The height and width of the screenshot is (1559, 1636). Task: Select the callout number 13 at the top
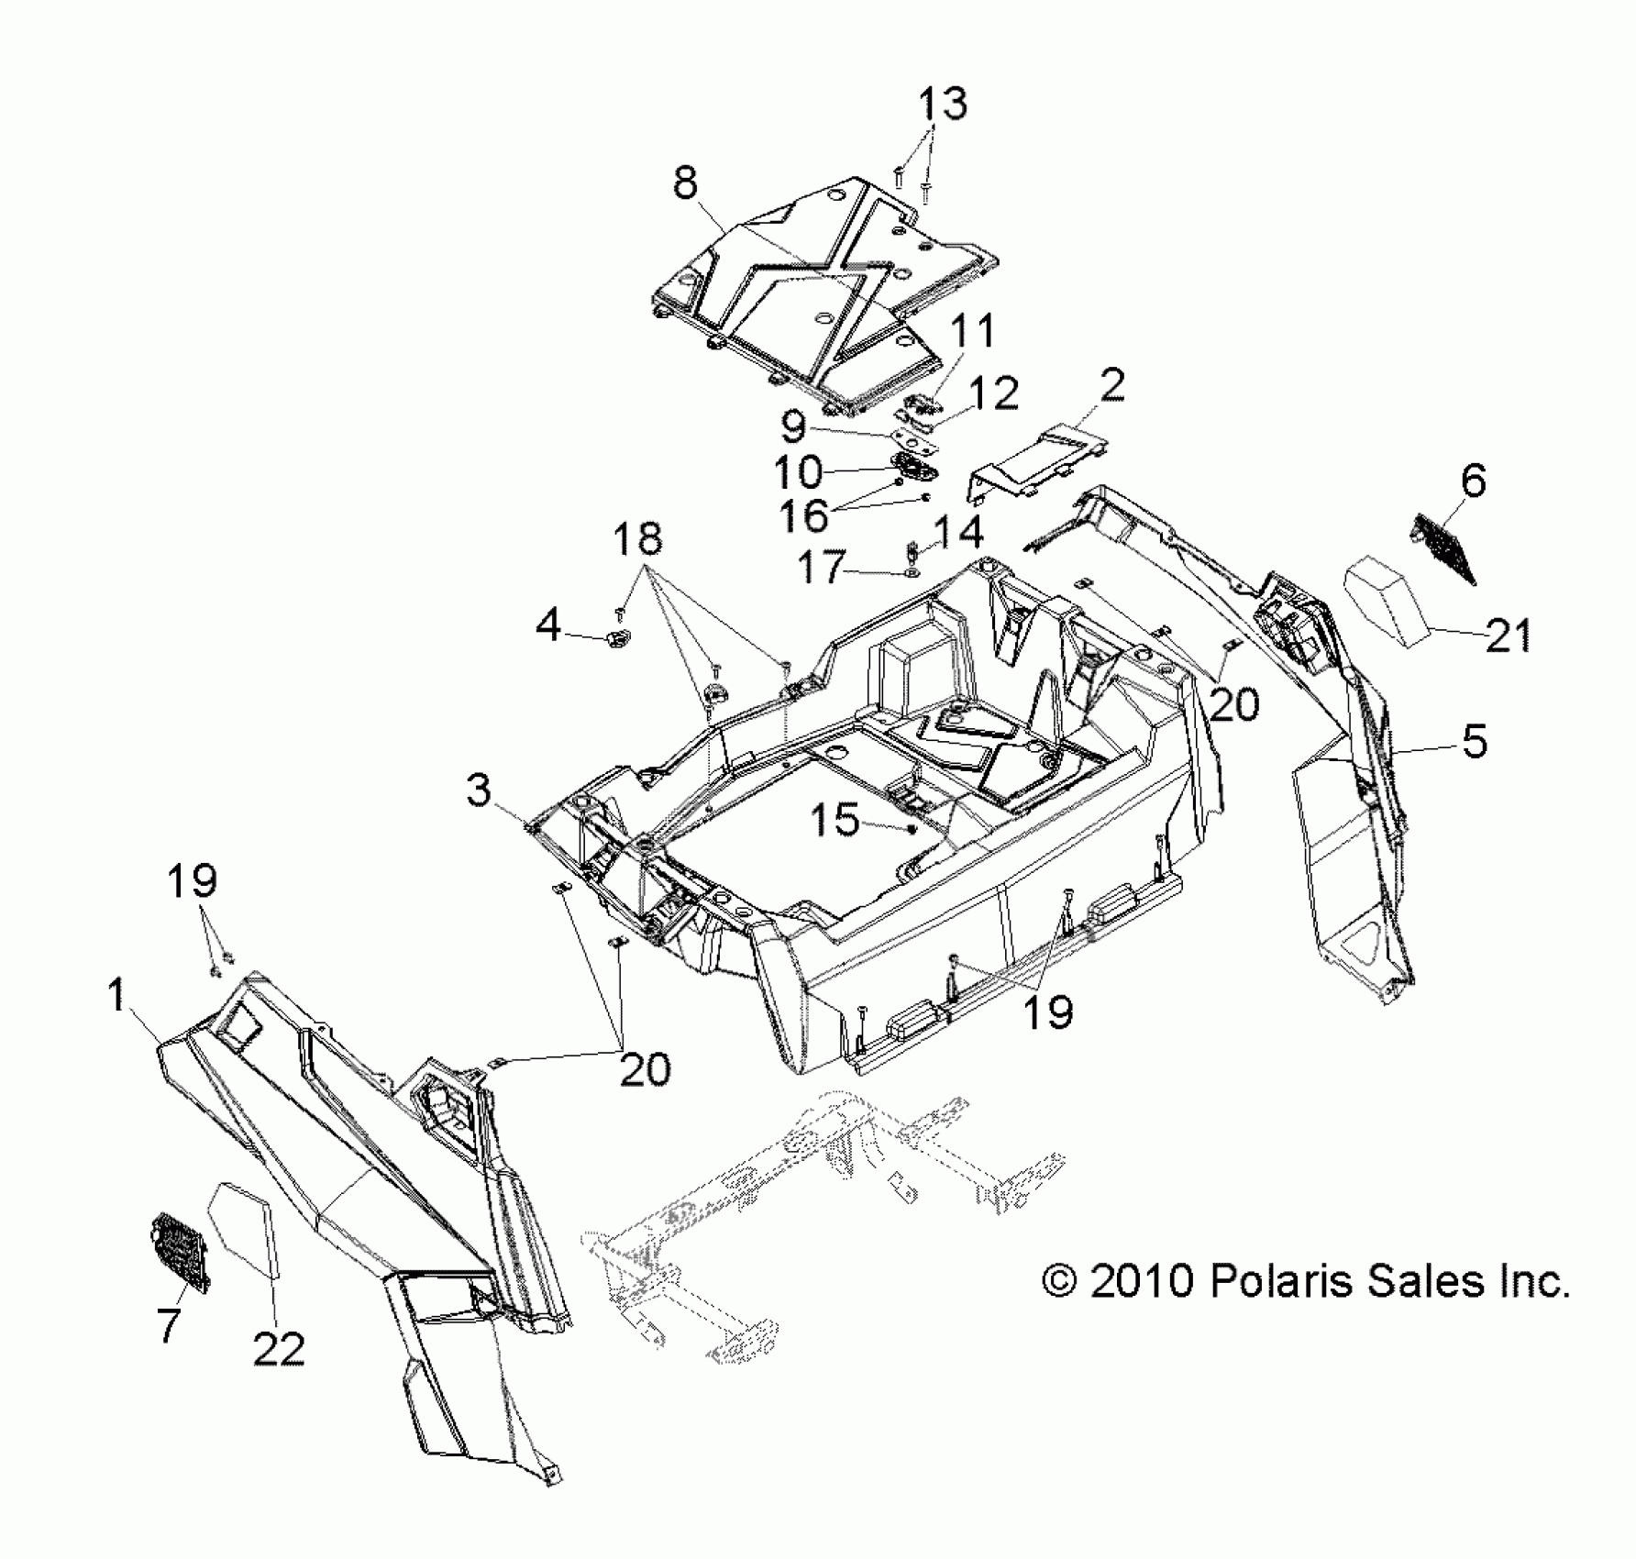(943, 104)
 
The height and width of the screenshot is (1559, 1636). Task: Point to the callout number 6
(1473, 481)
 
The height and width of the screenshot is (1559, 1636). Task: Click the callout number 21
(1509, 636)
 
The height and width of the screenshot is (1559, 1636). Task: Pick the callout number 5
(1475, 741)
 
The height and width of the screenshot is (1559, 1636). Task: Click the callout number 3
(479, 790)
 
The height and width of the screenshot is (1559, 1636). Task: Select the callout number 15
(835, 820)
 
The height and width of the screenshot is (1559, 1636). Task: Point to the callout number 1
(116, 995)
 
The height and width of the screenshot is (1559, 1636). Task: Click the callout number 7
(167, 1325)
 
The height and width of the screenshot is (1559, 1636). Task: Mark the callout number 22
(279, 1348)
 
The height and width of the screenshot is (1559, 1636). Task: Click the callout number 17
(821, 568)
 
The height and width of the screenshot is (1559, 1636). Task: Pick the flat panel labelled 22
(244, 1229)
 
